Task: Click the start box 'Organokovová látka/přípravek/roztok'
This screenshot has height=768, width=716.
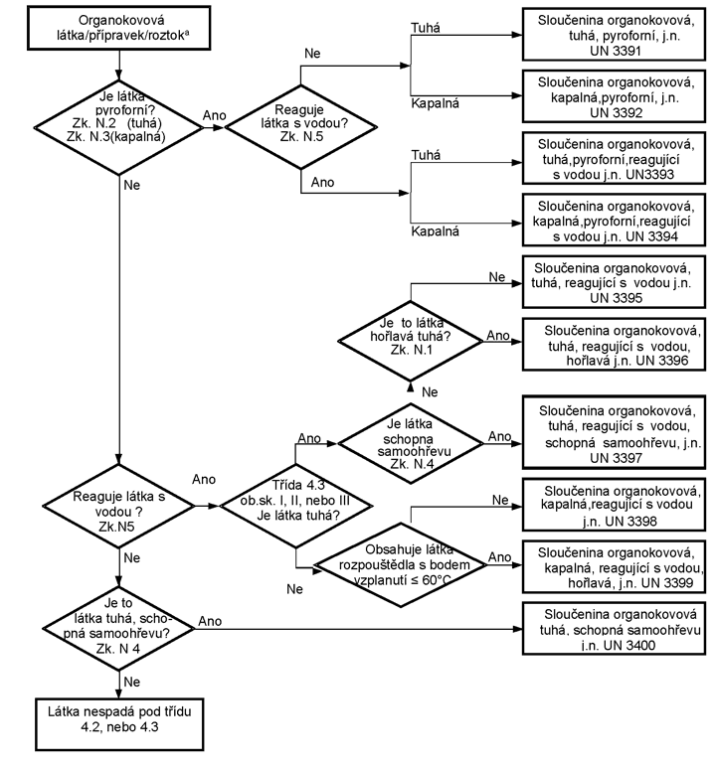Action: click(x=118, y=28)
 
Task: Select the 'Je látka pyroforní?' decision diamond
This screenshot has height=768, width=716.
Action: click(x=118, y=127)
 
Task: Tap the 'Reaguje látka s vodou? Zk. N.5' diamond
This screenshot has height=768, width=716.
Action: click(x=300, y=127)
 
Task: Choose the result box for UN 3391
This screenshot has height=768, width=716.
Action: click(x=614, y=35)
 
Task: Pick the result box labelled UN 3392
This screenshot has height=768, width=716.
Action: click(x=614, y=96)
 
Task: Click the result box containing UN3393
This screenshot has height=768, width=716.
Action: click(x=614, y=158)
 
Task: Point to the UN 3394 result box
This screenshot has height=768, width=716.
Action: click(x=614, y=220)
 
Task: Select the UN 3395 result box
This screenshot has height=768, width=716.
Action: click(x=614, y=282)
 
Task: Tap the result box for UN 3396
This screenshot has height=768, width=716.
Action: click(x=614, y=345)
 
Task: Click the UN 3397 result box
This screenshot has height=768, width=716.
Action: click(x=614, y=432)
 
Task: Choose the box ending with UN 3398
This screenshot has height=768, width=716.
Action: click(x=614, y=505)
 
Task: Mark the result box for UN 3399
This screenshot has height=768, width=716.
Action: click(x=614, y=566)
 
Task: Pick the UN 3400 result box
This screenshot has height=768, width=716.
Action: click(x=614, y=628)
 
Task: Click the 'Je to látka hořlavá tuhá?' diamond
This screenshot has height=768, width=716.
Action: click(x=411, y=341)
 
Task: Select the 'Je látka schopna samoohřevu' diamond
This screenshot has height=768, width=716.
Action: click(x=411, y=444)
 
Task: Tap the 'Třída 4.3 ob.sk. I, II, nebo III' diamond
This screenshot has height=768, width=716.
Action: click(x=295, y=506)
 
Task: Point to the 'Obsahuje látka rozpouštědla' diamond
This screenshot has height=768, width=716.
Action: click(x=401, y=564)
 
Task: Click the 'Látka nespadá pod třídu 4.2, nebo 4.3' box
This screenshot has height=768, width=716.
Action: click(x=119, y=724)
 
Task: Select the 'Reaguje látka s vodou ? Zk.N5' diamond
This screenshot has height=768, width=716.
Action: click(x=118, y=506)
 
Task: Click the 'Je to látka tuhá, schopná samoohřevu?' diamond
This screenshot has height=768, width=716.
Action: click(x=118, y=629)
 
